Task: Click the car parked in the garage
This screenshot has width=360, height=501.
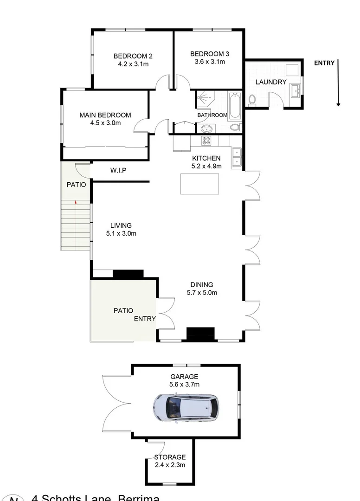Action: coord(186,407)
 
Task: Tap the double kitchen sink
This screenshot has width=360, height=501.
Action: coord(237,156)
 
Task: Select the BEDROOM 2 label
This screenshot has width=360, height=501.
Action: coord(133,56)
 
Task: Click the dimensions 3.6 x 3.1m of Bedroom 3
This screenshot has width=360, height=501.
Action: coord(210,61)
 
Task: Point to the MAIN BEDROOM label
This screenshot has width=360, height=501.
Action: coord(105,115)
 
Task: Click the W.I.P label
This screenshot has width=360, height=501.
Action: coord(118,171)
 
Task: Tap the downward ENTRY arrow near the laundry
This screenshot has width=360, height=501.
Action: coord(338,83)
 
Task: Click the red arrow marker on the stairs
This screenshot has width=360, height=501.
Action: coord(76,202)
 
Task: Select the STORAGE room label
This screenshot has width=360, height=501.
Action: coord(170,457)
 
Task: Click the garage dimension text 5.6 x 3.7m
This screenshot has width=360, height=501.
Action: coord(185,384)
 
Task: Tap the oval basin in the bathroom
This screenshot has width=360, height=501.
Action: coord(206,128)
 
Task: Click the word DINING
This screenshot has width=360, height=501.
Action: coord(202,285)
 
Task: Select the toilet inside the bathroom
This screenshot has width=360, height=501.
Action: coord(234,127)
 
